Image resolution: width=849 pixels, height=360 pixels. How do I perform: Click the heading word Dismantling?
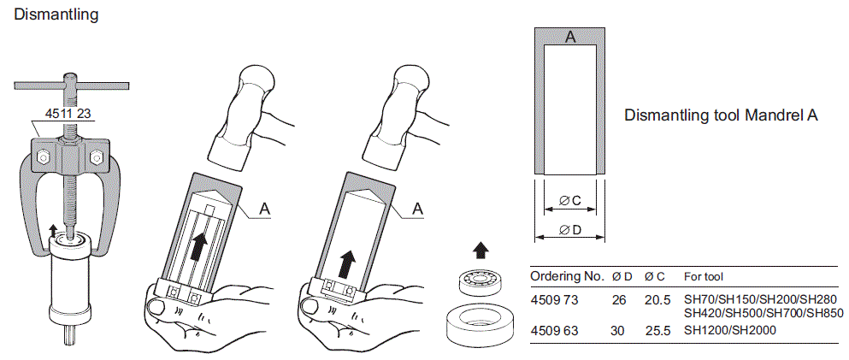coord(50,15)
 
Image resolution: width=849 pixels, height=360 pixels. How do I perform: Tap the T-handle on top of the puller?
coord(69,85)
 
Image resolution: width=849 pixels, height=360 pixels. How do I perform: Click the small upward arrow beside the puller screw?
coord(55,228)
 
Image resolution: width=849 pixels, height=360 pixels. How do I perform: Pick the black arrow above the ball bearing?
coord(482,251)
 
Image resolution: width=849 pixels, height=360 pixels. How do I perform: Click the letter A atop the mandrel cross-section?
coord(570,37)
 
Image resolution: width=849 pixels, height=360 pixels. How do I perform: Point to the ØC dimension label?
coord(569,201)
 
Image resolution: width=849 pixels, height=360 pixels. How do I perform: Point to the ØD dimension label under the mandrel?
coord(569,229)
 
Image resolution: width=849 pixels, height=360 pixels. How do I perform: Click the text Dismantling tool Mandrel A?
coord(722,115)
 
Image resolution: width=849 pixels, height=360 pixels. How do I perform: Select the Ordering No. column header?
coord(567,277)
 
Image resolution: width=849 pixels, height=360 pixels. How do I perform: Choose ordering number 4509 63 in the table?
coord(555,329)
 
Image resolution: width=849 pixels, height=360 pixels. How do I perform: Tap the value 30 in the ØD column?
coord(620,329)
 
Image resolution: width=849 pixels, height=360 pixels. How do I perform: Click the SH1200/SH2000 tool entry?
coord(729,329)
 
